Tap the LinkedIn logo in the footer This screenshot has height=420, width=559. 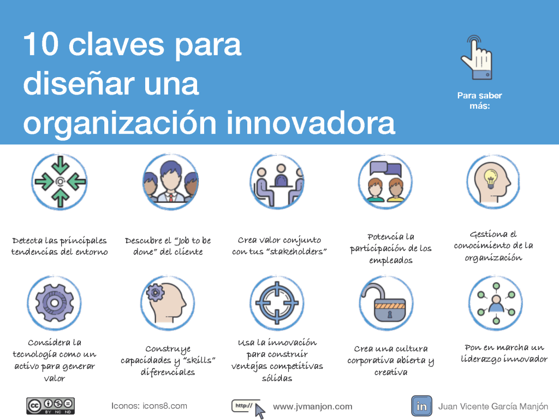point(421,406)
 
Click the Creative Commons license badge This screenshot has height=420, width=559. point(50,406)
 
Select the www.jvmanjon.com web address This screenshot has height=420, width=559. point(312,406)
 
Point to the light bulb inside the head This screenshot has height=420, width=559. point(491,178)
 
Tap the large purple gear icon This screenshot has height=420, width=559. point(54,303)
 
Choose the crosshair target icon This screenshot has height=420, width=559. point(277,303)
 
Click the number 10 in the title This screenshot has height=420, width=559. point(40,44)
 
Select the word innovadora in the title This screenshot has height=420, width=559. point(311,122)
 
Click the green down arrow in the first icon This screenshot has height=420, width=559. point(60,165)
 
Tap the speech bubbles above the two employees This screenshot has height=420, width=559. point(385,169)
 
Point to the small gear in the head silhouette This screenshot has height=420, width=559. point(155,293)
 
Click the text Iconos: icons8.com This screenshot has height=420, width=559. point(149,406)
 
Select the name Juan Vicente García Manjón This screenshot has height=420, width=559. point(493,406)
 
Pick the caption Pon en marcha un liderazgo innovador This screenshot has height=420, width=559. point(504,353)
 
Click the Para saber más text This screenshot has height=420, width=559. point(479,101)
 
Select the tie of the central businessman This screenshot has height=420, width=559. point(171,197)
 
